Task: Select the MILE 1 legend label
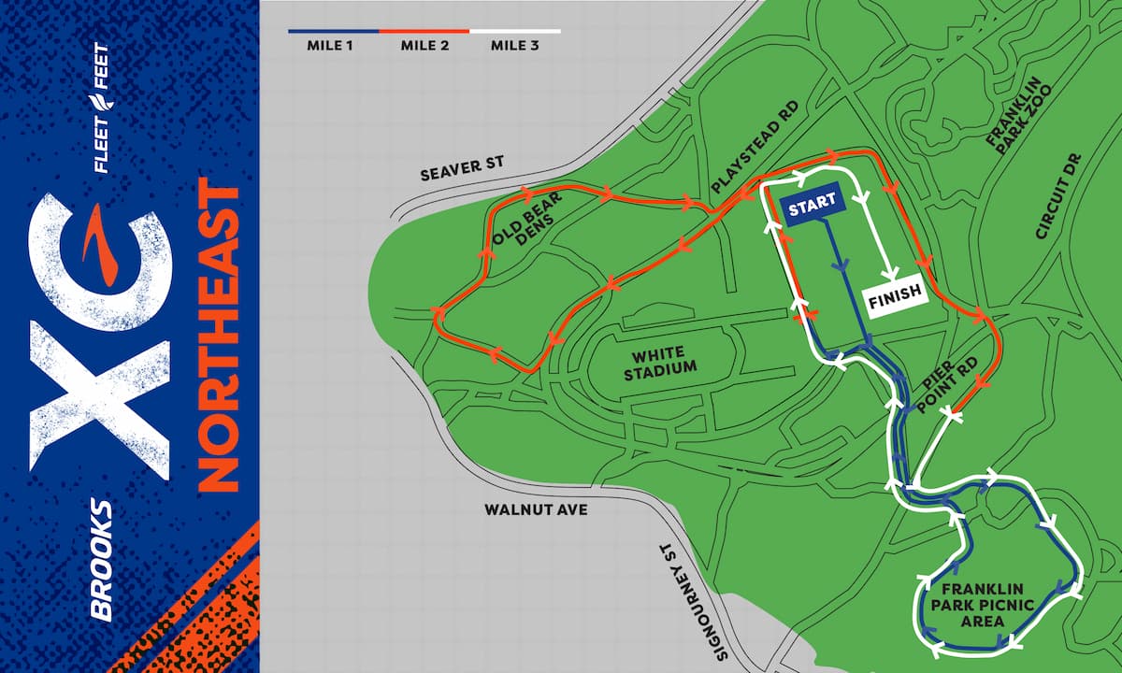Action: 334,45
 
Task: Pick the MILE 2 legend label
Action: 424,45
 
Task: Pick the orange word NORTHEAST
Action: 218,336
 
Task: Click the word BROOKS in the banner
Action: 102,559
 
